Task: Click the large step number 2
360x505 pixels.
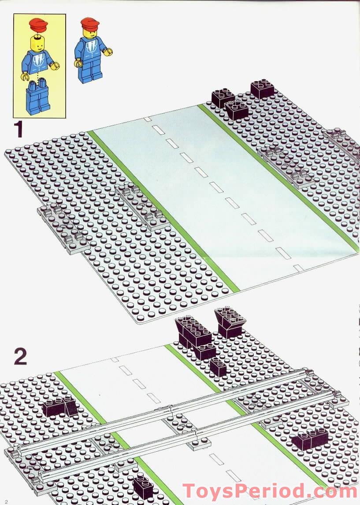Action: [20, 357]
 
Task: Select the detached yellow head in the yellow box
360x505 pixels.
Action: [37, 44]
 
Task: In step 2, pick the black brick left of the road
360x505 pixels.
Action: [60, 406]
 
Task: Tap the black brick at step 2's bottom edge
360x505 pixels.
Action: [143, 487]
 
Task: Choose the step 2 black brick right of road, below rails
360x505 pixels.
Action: [311, 438]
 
